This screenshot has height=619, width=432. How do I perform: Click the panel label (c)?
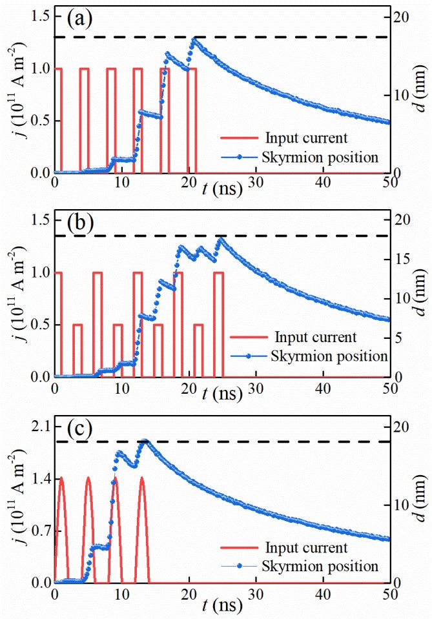[81, 428]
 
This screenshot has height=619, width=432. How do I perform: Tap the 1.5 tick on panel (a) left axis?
[38, 15]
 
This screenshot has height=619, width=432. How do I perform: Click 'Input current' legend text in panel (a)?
[305, 138]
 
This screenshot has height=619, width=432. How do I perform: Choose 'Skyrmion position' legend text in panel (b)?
[329, 356]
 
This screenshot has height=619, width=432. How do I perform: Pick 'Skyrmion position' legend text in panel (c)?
[320, 566]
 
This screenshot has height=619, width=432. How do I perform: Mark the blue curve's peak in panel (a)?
[194, 40]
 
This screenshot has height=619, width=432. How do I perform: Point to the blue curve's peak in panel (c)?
[145, 441]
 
